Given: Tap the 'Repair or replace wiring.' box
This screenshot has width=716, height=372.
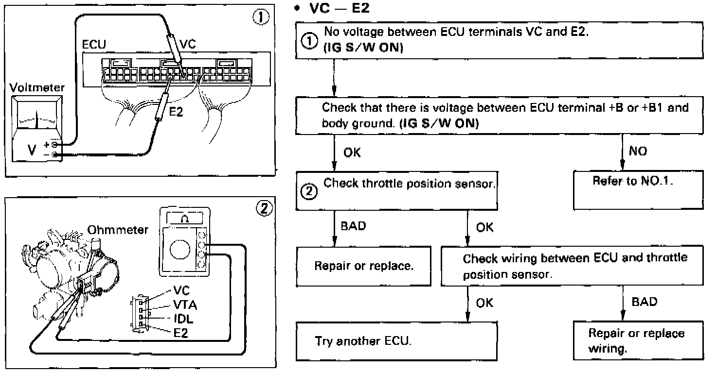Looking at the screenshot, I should (638, 341).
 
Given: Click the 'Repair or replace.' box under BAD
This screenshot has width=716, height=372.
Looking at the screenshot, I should (364, 266).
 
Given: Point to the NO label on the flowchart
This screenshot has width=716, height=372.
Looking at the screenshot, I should (638, 152).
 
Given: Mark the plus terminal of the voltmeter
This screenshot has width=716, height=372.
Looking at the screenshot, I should (55, 145).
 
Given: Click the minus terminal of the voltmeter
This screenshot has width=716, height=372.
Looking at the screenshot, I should (55, 154).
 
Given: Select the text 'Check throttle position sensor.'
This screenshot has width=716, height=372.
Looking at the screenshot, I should (410, 184).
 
